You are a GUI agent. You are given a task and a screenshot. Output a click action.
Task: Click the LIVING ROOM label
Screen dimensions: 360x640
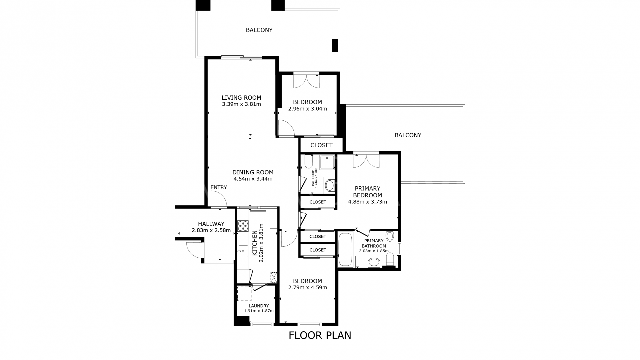241,98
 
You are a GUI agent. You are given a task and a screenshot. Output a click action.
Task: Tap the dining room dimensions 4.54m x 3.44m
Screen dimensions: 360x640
253,179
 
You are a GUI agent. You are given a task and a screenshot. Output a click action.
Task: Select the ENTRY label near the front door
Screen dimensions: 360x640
219,187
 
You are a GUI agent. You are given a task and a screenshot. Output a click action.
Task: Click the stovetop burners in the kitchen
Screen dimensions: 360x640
243,226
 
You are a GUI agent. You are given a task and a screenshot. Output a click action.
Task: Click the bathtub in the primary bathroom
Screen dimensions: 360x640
345,250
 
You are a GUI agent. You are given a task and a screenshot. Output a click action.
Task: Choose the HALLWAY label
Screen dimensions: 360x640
211,224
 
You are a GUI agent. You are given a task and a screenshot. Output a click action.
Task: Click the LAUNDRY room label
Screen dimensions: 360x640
259,306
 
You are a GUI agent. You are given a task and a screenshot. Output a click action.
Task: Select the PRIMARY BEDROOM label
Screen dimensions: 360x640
367,192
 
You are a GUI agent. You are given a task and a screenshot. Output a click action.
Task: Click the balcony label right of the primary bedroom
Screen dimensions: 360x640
408,135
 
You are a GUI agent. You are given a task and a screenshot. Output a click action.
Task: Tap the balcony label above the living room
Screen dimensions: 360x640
259,30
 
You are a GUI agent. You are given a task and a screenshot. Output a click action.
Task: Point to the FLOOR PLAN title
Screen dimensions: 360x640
320,335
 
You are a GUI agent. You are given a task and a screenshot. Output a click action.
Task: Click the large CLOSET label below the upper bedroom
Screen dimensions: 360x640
321,145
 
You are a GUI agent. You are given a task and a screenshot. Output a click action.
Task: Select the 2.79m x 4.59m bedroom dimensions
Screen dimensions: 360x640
307,287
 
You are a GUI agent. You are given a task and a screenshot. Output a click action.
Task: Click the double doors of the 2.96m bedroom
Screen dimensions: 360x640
306,80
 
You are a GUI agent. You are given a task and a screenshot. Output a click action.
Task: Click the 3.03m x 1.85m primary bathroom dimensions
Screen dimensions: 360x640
374,251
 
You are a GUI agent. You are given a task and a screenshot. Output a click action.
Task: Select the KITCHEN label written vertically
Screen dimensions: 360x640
255,243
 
